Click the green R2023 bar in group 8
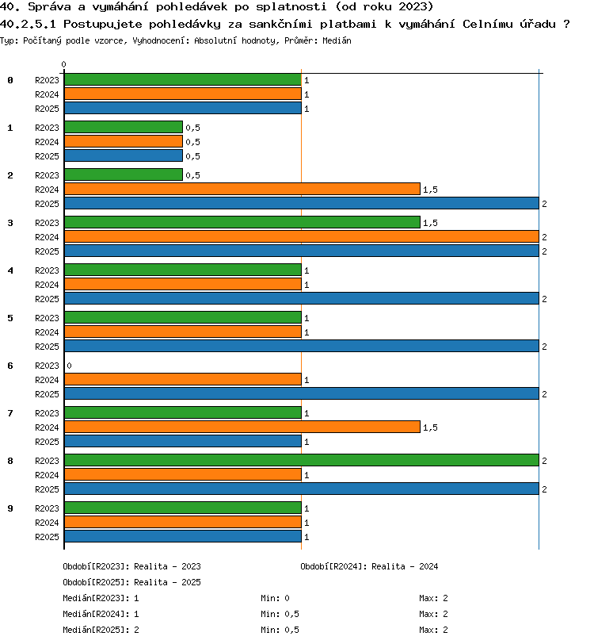tap(302, 460)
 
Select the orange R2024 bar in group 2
tap(242, 189)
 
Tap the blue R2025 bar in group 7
tap(183, 441)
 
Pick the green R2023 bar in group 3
tap(242, 222)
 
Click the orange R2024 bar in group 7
tap(242, 427)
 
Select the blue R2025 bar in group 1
tap(124, 155)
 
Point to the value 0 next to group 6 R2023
tap(70, 366)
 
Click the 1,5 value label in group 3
tap(430, 223)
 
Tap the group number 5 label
tap(10, 318)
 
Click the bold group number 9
tap(10, 508)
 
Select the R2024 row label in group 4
tap(47, 285)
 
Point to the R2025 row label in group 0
tap(47, 109)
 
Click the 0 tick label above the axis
tap(63, 64)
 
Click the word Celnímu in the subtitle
tap(487, 24)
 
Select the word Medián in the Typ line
tap(337, 40)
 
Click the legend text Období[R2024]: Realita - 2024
tap(369, 566)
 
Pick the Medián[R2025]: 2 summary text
tap(101, 630)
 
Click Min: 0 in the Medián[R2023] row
tap(275, 598)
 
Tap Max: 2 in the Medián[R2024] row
tap(433, 614)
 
